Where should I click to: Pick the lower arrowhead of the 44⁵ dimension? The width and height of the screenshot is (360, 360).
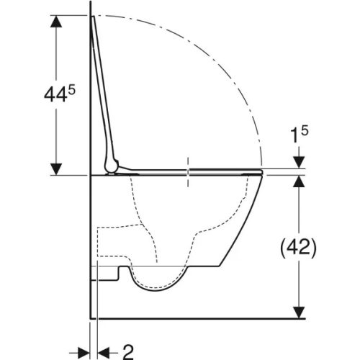53,167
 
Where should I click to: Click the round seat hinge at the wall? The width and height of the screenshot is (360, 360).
110,166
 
